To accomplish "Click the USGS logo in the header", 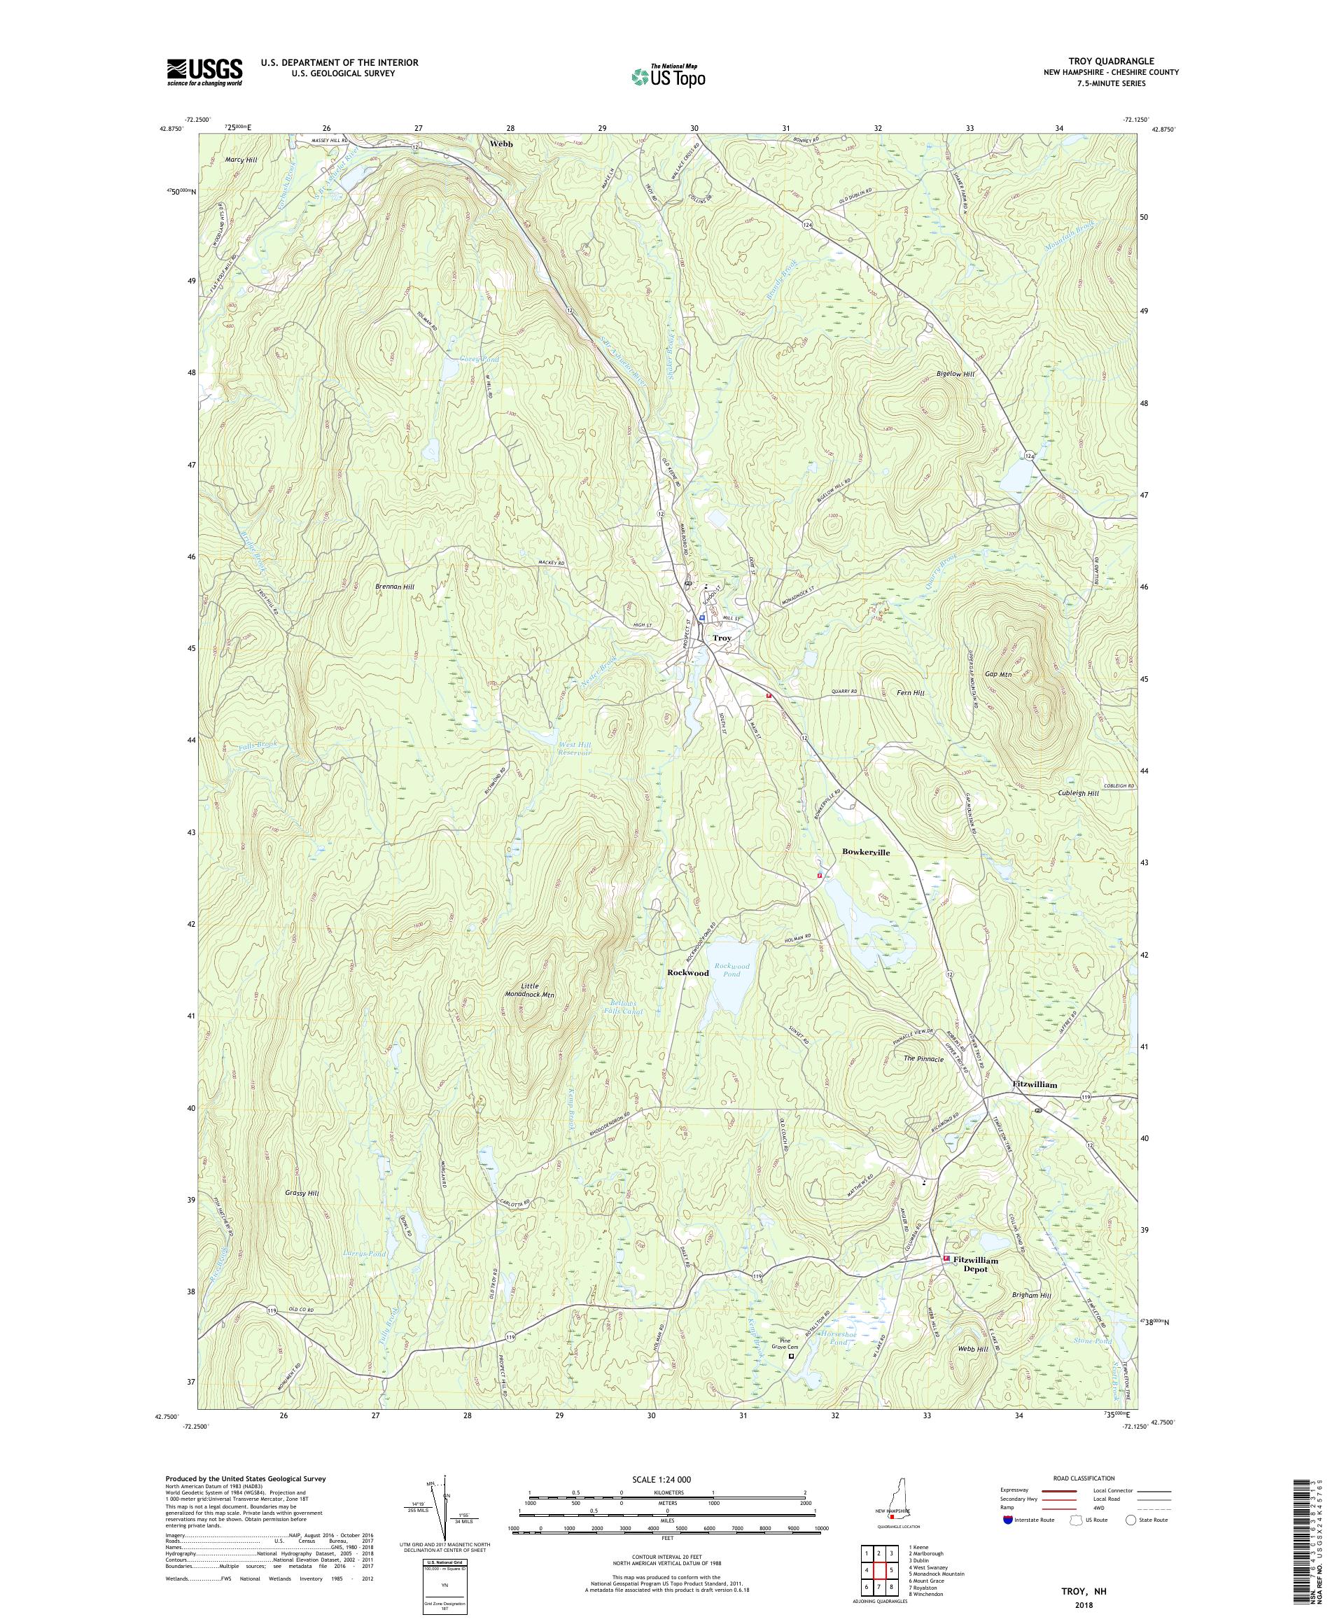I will coord(204,73).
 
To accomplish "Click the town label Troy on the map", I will coord(722,638).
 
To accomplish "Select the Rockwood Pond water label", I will coord(731,970).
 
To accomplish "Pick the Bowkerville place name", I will coord(865,851).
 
